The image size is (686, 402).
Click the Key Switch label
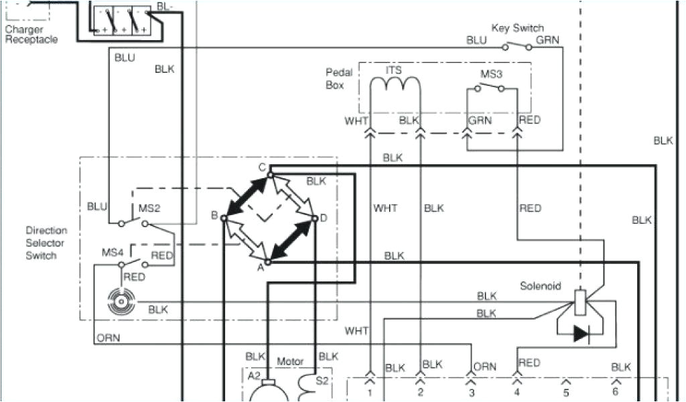pos(517,28)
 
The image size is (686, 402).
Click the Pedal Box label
pos(335,79)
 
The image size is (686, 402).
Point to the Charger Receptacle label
pos(31,35)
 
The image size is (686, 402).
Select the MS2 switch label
pos(149,208)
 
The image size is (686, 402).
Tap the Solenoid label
pos(540,286)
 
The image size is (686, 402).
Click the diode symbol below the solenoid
pos(580,334)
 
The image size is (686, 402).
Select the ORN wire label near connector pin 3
pos(484,366)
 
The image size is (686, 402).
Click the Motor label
pos(290,361)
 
